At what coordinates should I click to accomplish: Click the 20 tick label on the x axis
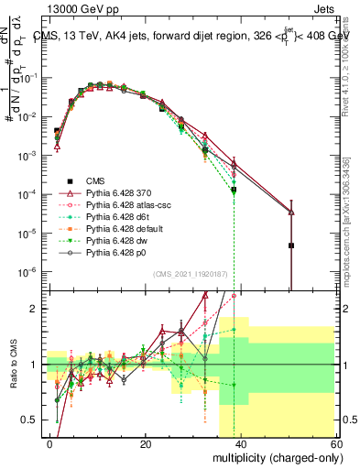pyautogui.click(x=146, y=443)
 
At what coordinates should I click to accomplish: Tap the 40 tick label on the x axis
pyautogui.click(x=242, y=443)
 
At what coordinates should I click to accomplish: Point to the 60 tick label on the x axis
pyautogui.click(x=337, y=443)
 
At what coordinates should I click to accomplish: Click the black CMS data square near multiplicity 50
pyautogui.click(x=290, y=245)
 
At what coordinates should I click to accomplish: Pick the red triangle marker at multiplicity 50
pyautogui.click(x=290, y=213)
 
